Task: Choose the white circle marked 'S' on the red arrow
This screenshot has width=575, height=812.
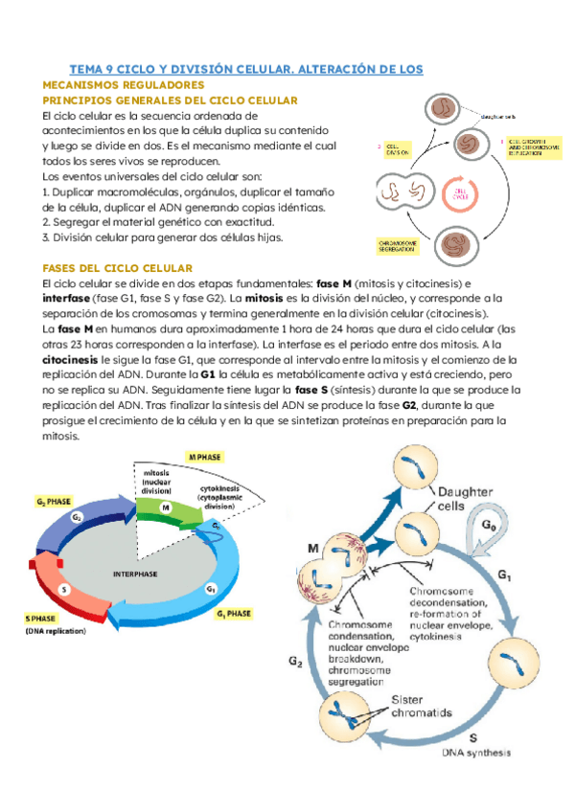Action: pyautogui.click(x=65, y=589)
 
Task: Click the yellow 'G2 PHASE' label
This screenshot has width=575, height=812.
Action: pyautogui.click(x=53, y=501)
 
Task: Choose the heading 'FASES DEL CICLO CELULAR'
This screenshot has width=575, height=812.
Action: pyautogui.click(x=119, y=267)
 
